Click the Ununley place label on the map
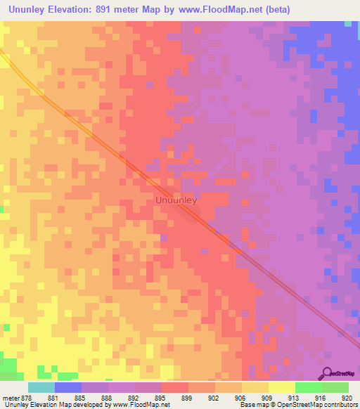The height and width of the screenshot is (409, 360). [176, 200]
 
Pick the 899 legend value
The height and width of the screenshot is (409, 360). [187, 397]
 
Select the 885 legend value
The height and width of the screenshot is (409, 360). [81, 397]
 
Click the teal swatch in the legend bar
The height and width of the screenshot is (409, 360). [41, 387]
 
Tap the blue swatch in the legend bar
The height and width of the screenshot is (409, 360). [68, 387]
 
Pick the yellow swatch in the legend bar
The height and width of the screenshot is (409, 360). [281, 387]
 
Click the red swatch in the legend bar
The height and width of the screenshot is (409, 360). [175, 387]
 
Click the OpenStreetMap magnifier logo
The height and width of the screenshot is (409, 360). [328, 373]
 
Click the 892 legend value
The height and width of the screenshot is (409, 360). [134, 397]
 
